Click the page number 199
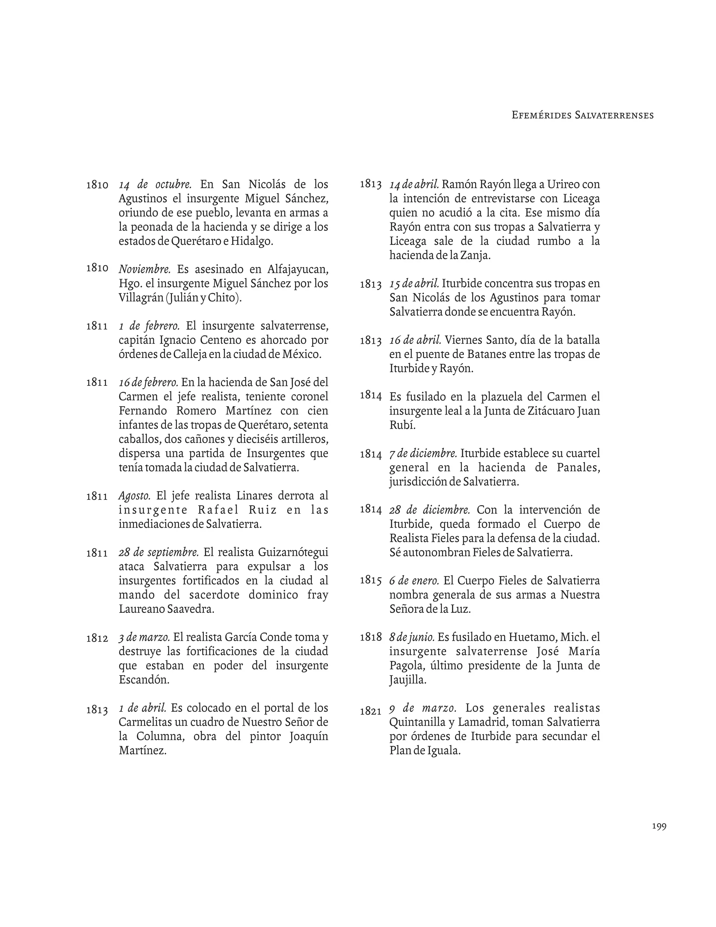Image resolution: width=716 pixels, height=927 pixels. pos(659,826)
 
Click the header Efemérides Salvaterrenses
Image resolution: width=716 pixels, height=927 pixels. pos(582,115)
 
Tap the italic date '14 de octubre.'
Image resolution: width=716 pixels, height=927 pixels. pos(155,185)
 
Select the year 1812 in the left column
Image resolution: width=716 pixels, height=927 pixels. pos(97,638)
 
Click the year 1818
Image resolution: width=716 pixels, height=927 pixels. pos(371,637)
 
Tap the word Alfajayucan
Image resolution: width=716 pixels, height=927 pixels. pos(298,269)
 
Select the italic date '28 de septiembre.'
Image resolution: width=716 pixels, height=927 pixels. pos(159,553)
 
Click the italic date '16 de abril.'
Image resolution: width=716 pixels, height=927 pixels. pos(415,340)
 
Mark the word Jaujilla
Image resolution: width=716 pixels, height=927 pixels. pos(407,680)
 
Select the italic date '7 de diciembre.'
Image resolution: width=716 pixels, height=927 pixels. pos(423,453)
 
